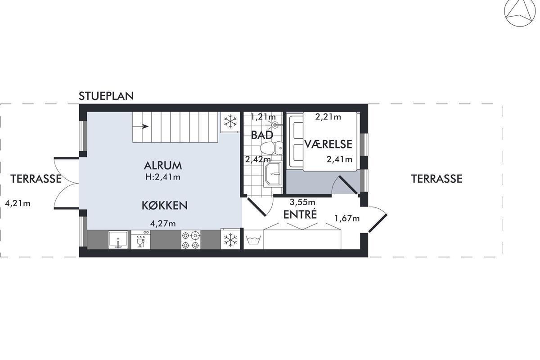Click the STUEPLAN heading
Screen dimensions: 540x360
106,96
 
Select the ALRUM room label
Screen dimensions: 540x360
163,166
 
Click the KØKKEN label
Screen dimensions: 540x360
164,206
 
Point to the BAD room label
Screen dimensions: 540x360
262,135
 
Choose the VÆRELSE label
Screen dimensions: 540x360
328,144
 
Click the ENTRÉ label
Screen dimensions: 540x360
300,214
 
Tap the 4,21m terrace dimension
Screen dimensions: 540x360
18,203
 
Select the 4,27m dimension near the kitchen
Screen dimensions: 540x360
163,224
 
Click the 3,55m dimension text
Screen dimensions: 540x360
302,202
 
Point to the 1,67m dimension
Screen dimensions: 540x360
347,218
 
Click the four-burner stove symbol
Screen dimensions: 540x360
190,240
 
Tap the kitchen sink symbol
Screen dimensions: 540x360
118,240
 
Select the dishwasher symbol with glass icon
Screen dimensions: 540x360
140,240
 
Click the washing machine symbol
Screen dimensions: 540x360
253,240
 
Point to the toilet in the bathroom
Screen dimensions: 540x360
271,148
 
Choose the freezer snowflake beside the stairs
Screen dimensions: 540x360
230,121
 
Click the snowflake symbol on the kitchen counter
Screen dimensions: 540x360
230,240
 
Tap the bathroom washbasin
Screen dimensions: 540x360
273,174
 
